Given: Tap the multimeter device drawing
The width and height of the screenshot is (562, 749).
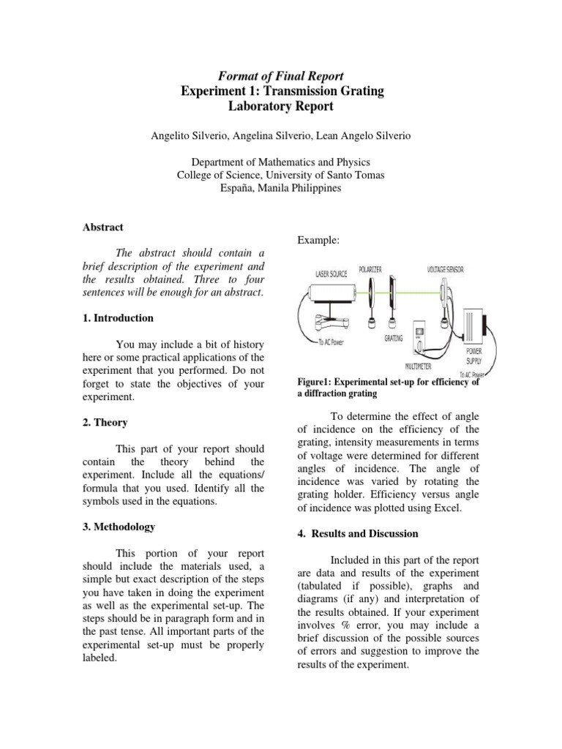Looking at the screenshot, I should tap(421, 337).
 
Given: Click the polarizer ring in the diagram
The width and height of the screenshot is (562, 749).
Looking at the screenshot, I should tap(373, 293).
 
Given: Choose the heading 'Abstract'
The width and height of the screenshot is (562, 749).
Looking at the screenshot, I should tap(102, 227).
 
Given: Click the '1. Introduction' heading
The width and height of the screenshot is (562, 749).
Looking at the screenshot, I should tap(118, 318).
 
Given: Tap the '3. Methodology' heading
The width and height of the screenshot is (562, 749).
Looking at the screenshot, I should tap(119, 527).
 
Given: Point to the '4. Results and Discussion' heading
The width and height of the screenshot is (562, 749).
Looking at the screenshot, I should tap(358, 534).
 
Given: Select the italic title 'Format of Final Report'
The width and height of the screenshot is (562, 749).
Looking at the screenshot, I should tap(282, 75).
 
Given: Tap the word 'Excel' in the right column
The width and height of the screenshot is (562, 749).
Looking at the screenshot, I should tap(447, 508).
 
